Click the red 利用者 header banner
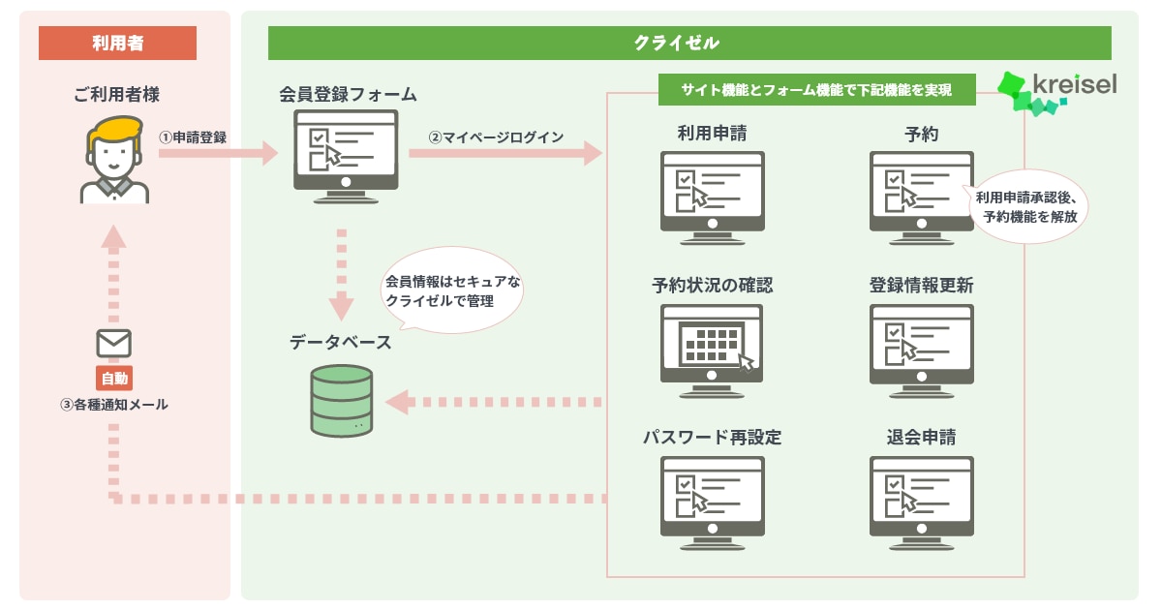click(x=117, y=43)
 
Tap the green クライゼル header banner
click(x=689, y=43)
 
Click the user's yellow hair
click(x=115, y=130)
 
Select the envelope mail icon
click(x=113, y=343)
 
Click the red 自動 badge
click(x=114, y=379)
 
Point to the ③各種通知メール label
click(x=114, y=405)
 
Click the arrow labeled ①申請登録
click(x=219, y=153)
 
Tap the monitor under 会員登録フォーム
click(x=346, y=156)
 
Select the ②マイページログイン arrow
click(x=505, y=153)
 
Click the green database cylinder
click(x=341, y=401)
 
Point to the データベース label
click(x=340, y=343)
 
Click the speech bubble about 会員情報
click(x=452, y=290)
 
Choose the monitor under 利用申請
click(x=713, y=198)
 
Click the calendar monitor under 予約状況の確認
click(x=712, y=351)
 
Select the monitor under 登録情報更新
click(x=921, y=351)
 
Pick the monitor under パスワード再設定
click(x=713, y=503)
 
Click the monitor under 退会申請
click(x=921, y=503)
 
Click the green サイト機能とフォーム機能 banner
click(x=817, y=90)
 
